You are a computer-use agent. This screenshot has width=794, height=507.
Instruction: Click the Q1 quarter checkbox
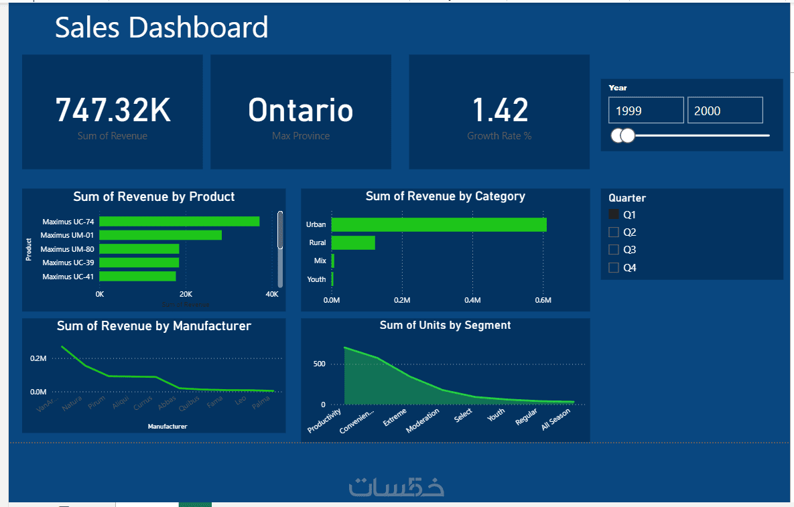613,214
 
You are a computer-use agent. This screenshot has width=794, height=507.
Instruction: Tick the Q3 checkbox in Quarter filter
613,250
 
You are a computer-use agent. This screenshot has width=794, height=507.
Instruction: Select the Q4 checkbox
613,268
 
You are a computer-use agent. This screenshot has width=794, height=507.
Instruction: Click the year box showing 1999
645,111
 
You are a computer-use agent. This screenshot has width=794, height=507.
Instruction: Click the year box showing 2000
724,111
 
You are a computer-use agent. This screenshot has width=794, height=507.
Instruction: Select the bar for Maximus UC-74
179,221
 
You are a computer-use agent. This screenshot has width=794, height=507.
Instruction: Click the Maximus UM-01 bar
160,235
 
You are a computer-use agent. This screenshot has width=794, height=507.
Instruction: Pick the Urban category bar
439,224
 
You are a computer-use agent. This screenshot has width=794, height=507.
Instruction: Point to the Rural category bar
353,242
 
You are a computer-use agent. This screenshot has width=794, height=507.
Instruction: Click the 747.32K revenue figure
113,111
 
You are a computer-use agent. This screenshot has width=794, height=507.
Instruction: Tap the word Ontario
300,111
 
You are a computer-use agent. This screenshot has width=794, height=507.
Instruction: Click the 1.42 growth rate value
500,111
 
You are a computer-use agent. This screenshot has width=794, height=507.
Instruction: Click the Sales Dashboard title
161,27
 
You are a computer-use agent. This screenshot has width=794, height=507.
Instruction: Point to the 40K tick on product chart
272,294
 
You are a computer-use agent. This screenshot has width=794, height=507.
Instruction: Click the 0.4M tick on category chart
472,301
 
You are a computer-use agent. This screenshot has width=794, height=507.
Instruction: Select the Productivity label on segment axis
325,419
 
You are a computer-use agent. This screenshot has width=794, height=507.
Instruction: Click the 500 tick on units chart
318,364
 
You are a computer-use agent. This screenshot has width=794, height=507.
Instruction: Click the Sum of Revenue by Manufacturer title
153,326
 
